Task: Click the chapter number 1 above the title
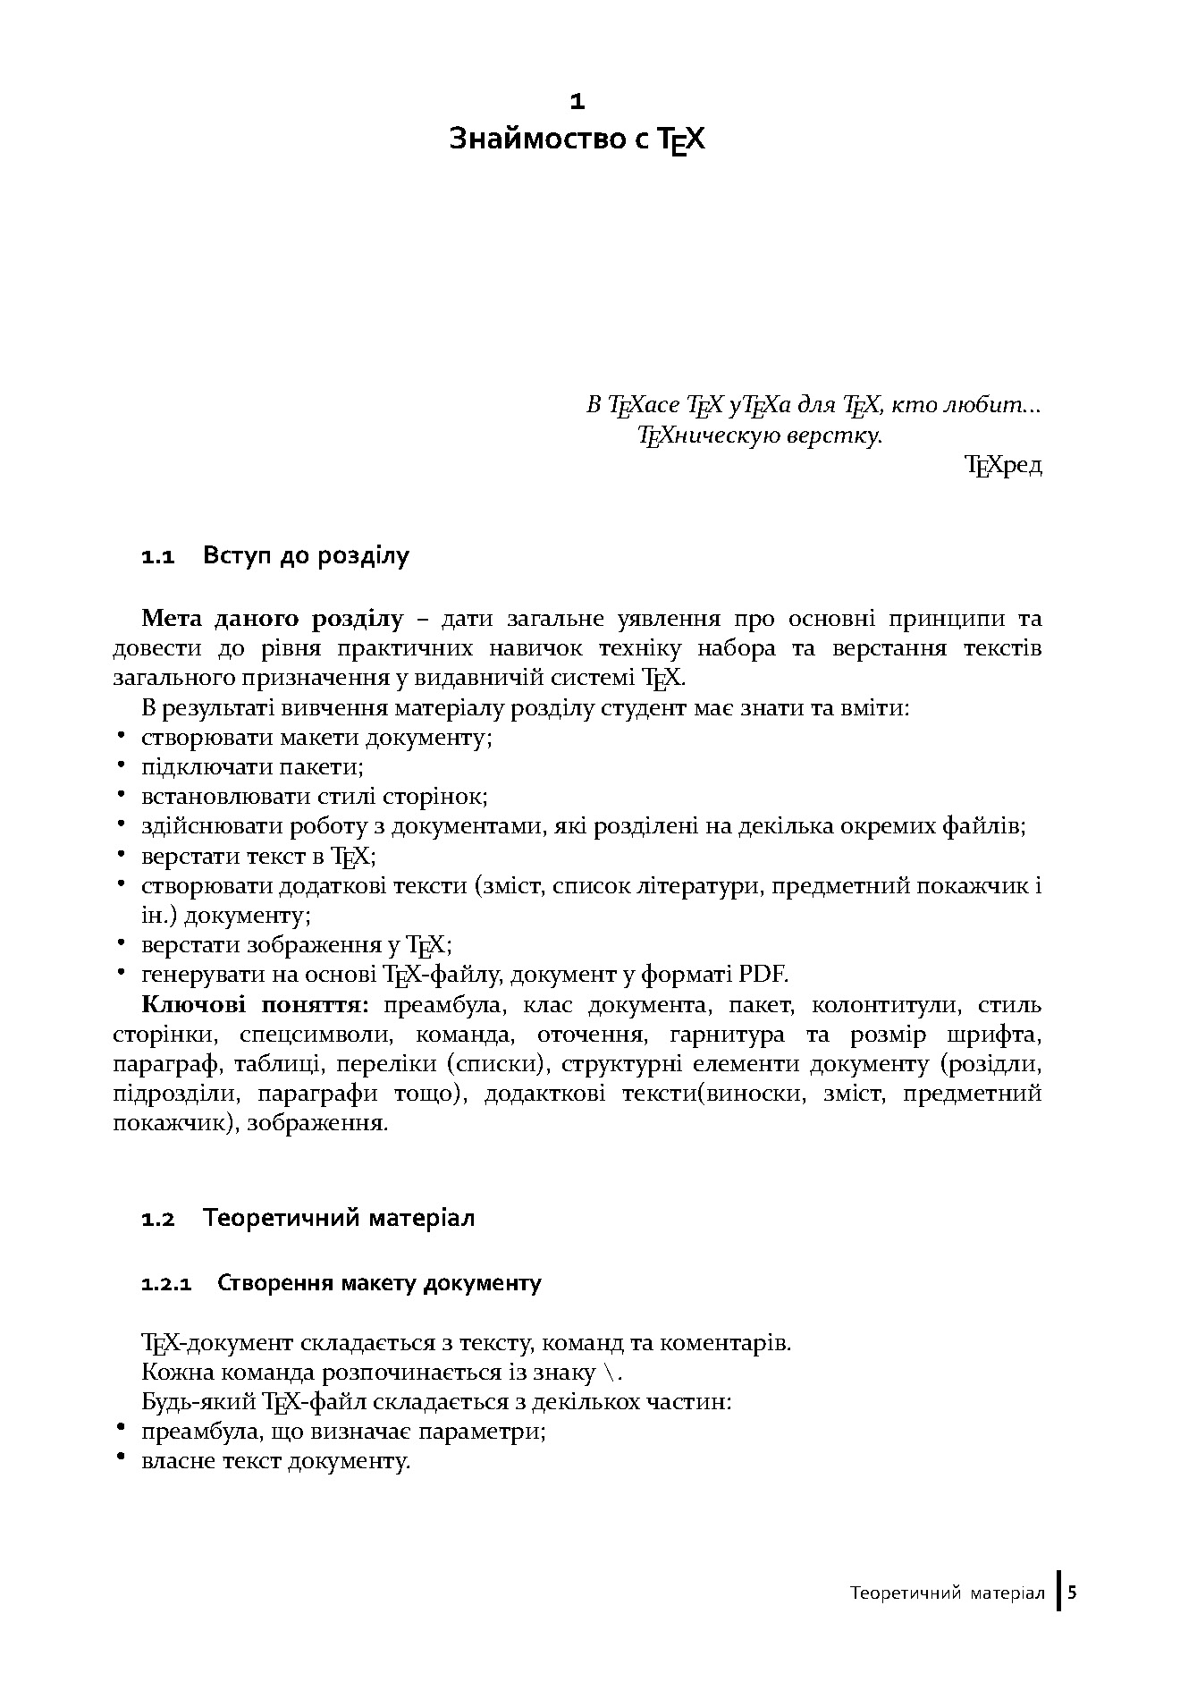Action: (577, 102)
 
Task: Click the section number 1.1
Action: (156, 558)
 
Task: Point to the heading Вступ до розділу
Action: (306, 556)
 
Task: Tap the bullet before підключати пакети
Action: (120, 766)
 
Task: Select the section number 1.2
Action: (157, 1220)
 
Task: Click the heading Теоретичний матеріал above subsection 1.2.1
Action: (339, 1218)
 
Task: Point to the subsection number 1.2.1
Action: (166, 1285)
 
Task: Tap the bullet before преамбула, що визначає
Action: (120, 1430)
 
